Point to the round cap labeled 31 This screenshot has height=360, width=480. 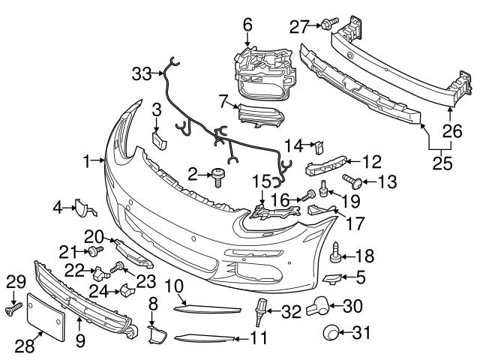(x=331, y=333)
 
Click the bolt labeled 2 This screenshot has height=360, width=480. (x=218, y=177)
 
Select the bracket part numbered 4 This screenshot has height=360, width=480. (x=80, y=206)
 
